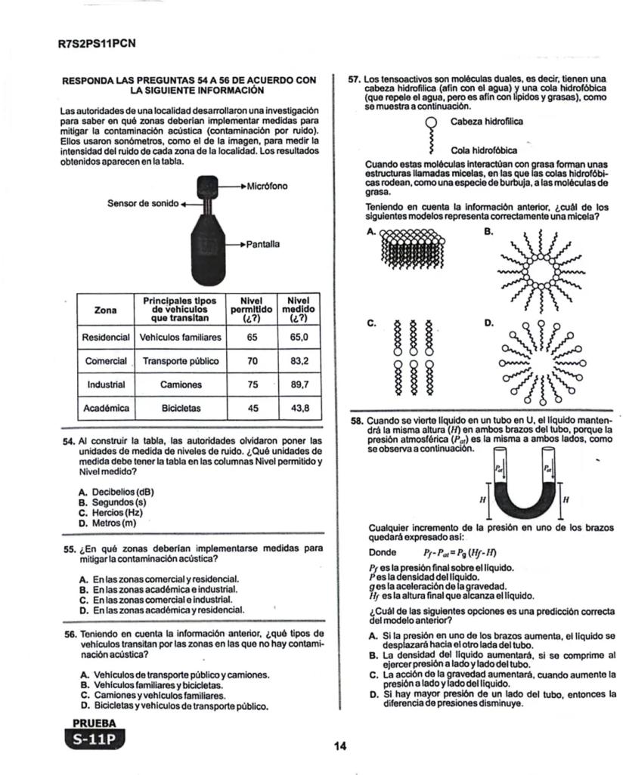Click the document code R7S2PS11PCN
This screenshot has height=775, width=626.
97,43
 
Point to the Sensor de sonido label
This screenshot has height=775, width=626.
141,203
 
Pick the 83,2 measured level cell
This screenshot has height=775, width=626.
299,361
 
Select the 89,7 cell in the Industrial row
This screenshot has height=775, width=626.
299,384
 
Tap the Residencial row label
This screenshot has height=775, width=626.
106,337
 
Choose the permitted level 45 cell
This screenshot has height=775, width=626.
253,408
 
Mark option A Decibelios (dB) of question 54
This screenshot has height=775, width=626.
121,492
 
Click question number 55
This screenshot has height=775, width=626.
70,548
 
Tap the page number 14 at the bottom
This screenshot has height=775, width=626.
339,746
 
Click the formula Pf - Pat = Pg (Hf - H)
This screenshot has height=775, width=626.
454,551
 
